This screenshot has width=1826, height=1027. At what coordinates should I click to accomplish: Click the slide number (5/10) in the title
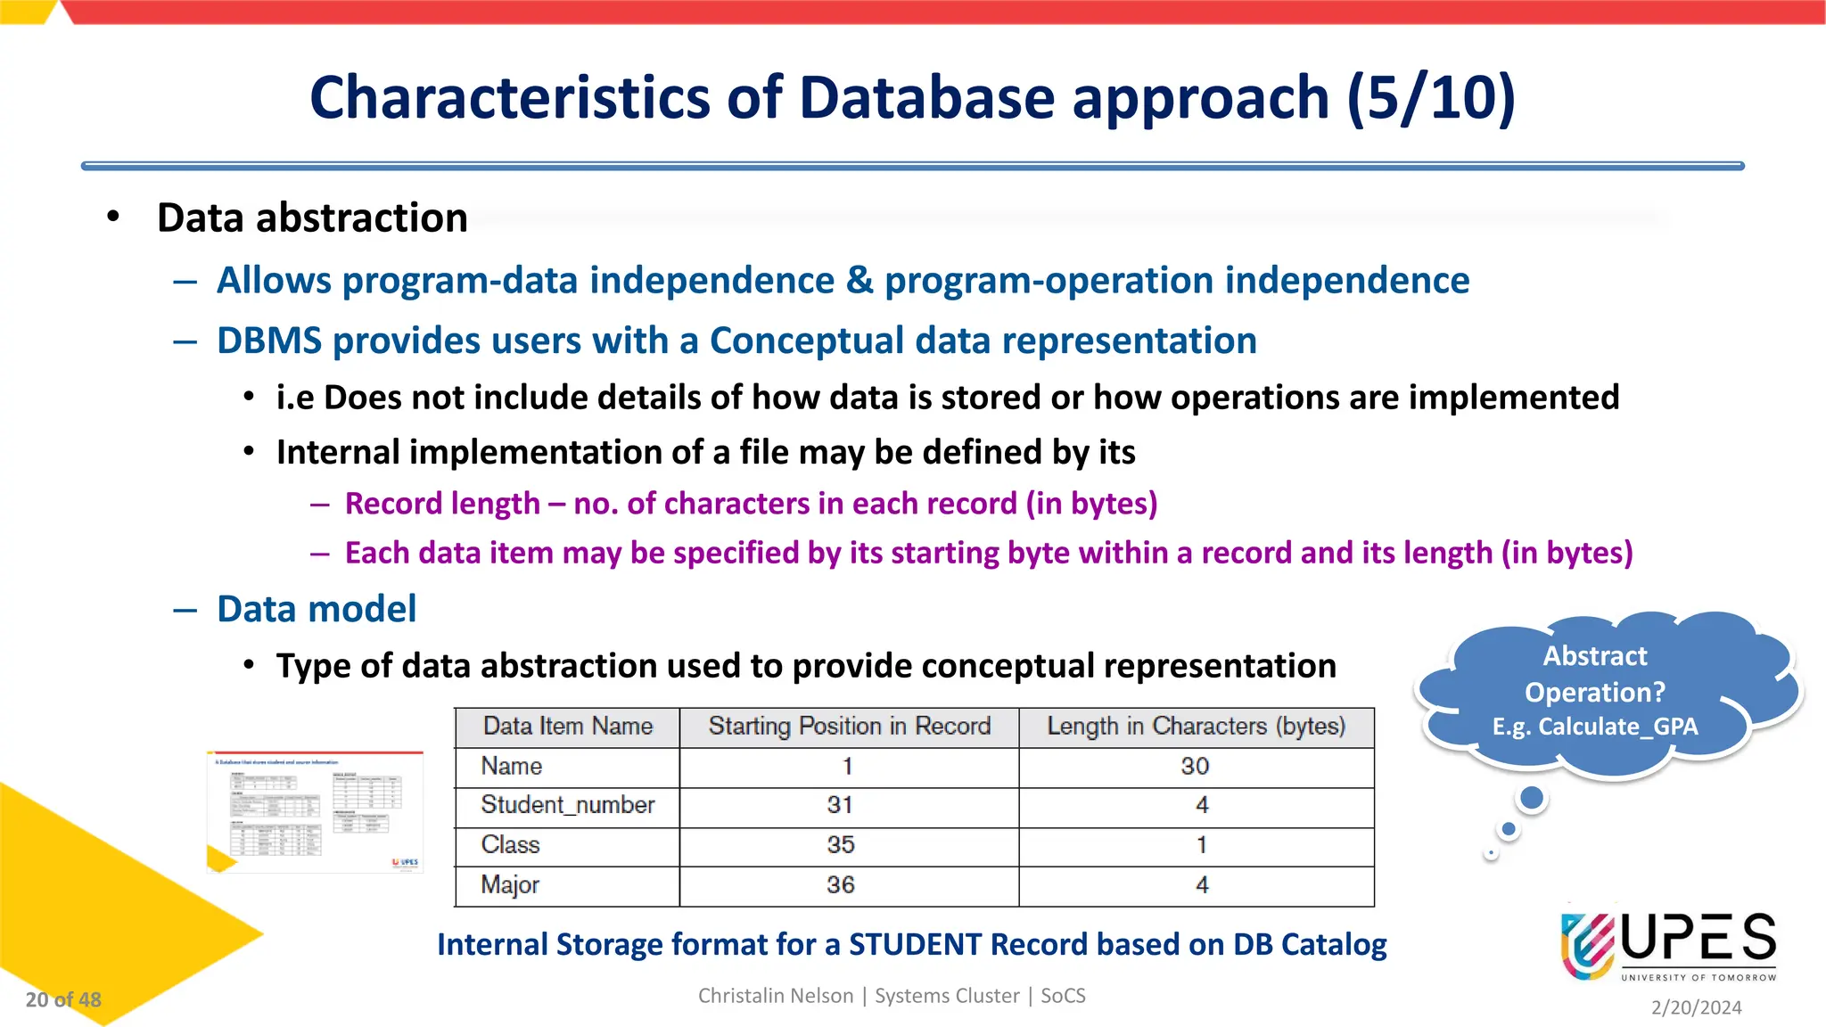tap(1430, 97)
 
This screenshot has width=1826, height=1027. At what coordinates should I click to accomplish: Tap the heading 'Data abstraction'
tap(312, 218)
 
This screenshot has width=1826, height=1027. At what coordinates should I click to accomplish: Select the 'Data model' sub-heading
tap(317, 609)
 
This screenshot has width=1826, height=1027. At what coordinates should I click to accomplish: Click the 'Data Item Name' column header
tap(568, 727)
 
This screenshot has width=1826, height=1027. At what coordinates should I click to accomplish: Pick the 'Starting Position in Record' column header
tap(849, 727)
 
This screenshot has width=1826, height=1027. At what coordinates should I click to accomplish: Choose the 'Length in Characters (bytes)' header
tap(1196, 727)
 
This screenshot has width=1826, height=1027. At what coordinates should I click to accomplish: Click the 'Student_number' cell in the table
tap(568, 805)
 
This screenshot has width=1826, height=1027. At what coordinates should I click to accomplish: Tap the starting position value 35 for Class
tap(840, 844)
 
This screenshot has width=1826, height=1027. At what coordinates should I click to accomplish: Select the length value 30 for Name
tap(1195, 766)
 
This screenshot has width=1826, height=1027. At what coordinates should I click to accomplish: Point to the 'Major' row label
tap(510, 885)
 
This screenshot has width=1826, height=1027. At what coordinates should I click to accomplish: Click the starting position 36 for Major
tap(840, 885)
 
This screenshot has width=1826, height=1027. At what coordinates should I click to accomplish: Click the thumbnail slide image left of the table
tap(315, 812)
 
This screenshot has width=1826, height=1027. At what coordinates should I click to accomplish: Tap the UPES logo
tap(1667, 945)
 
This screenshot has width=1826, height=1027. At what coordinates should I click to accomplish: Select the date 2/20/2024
tap(1696, 1007)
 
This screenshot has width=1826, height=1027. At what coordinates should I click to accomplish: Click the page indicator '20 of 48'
tap(63, 999)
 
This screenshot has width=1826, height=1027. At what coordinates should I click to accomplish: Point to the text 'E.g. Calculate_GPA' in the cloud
tap(1595, 727)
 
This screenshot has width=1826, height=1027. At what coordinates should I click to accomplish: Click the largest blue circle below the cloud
tap(1532, 798)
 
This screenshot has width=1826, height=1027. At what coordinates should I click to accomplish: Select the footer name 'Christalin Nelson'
tap(775, 996)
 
